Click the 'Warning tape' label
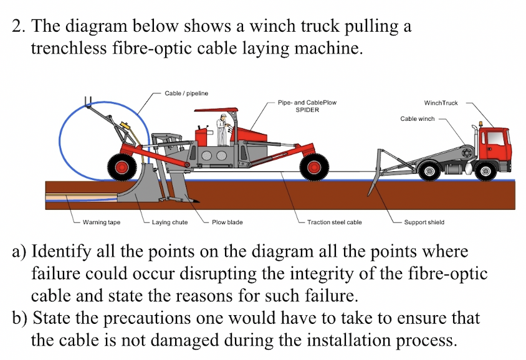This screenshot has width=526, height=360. [102, 222]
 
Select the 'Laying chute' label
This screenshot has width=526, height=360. [170, 222]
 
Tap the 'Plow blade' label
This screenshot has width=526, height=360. [227, 222]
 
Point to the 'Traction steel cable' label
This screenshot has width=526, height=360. [334, 222]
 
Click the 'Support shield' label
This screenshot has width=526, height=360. [424, 222]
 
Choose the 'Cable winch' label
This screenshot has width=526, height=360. [417, 118]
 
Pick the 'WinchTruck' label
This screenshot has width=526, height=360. [441, 103]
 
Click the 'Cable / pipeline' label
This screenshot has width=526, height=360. [186, 93]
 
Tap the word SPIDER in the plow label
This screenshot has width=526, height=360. [307, 110]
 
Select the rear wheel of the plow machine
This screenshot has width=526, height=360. [122, 166]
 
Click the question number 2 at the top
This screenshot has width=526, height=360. [17, 27]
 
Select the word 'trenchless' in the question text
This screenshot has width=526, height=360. [63, 48]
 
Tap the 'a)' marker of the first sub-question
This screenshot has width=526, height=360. [19, 252]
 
